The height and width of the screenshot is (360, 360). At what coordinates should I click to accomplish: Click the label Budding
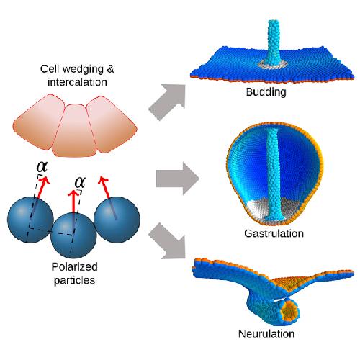pos(266,92)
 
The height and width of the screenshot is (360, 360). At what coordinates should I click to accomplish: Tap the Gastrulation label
pos(274,233)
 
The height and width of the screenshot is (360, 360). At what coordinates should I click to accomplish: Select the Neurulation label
pos(266,333)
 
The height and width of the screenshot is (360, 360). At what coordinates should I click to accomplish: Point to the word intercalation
pos(77,82)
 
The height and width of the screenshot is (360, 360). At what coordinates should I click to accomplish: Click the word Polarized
pos(74,266)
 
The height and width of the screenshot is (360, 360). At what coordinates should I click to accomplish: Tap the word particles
pos(74,280)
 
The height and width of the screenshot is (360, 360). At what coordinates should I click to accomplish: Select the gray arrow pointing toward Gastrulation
pos(177,179)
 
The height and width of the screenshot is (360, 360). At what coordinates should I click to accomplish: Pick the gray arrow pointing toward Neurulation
pos(168,241)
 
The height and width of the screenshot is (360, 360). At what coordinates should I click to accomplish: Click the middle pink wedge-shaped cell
pos(75,131)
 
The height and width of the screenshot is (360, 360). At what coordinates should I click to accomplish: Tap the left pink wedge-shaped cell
pos(38,122)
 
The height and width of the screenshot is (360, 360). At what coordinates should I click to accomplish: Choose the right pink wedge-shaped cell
pos(112,124)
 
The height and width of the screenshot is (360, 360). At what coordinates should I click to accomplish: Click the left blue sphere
pos(30,220)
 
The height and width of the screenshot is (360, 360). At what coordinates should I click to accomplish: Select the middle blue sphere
pos(73,235)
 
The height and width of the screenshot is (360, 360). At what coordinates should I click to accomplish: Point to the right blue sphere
pos(117,220)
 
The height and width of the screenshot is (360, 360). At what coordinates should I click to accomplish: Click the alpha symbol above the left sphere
pos(42,166)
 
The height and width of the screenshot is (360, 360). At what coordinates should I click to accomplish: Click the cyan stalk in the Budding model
pos(274,43)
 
